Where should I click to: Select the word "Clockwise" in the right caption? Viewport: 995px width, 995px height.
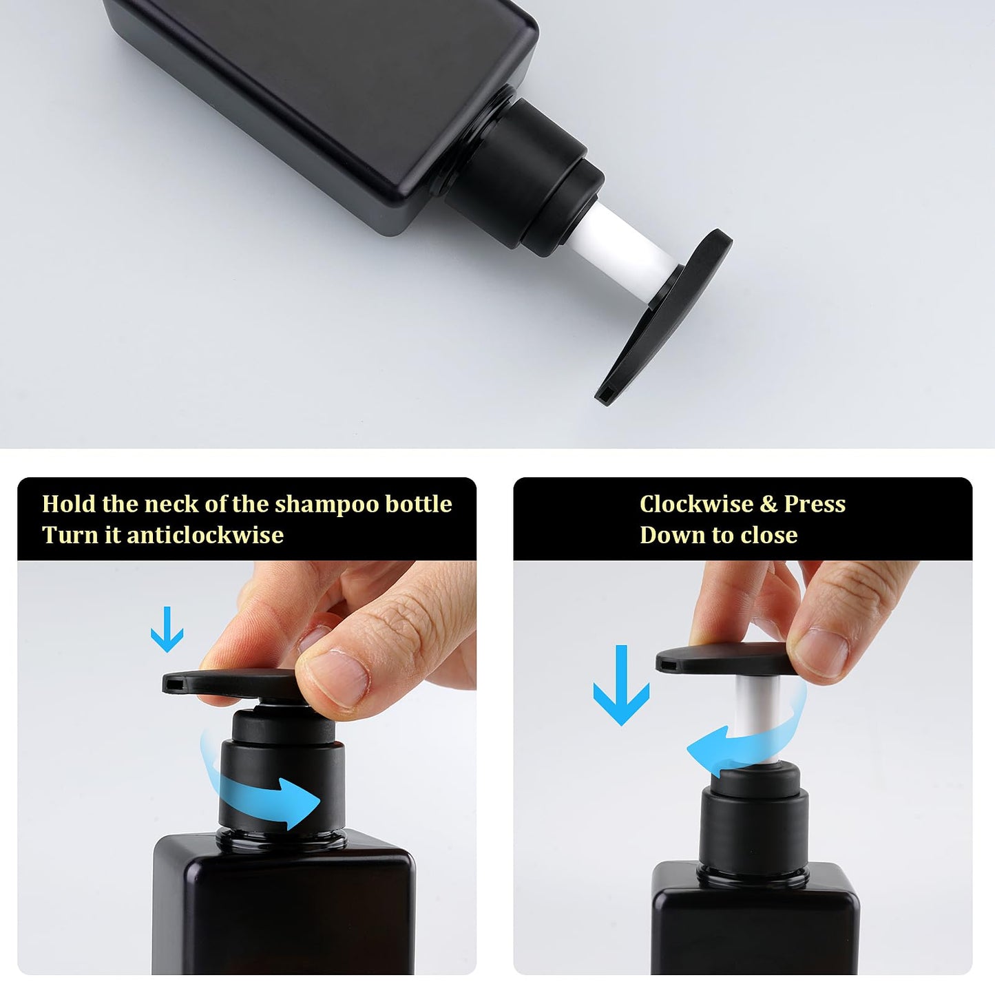pos(696,504)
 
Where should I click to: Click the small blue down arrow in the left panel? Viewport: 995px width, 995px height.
pos(167,629)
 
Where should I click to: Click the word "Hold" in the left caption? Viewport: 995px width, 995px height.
pos(69,504)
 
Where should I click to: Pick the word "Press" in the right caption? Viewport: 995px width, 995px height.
pos(815,504)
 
